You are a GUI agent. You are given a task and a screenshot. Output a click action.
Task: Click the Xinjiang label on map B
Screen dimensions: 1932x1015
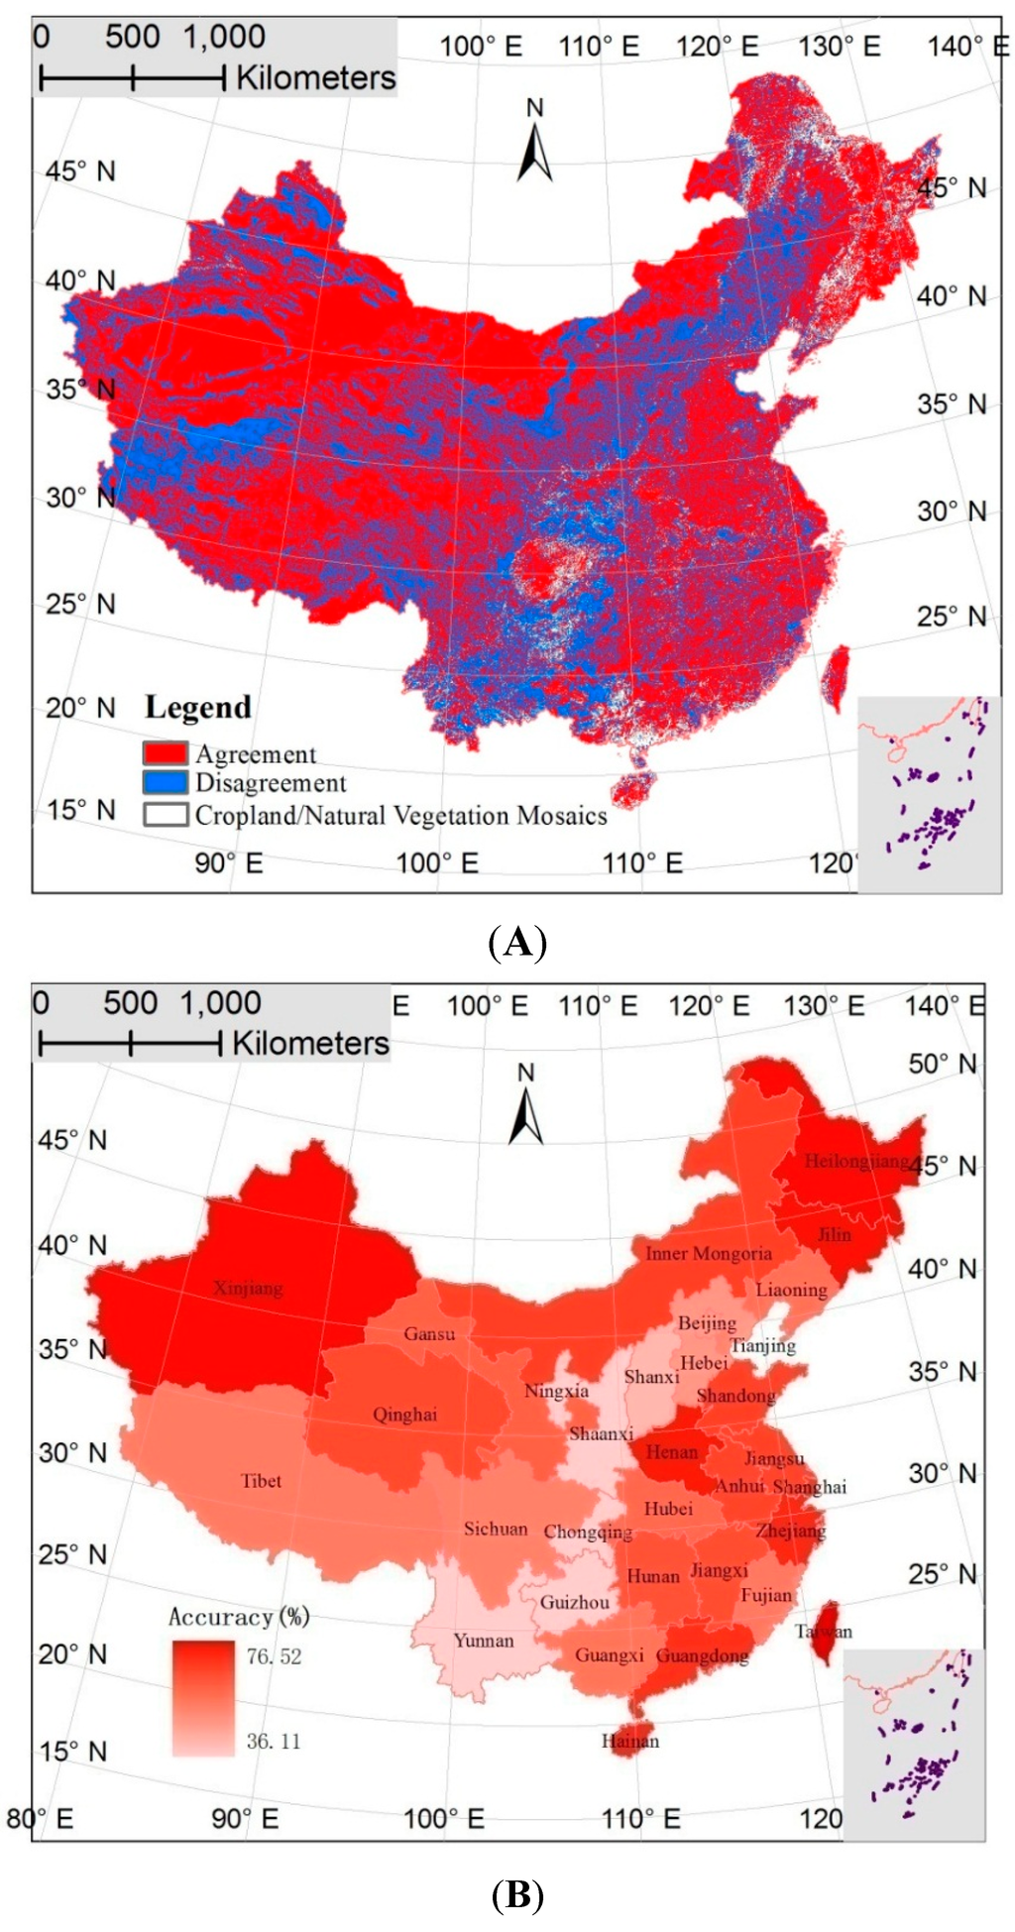click(x=248, y=1288)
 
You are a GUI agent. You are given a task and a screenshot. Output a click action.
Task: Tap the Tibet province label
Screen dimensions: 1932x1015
click(x=261, y=1480)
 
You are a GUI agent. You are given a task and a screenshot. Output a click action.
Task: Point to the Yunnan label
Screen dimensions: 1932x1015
click(x=484, y=1640)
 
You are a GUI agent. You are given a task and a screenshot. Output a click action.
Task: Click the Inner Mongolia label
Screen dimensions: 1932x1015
click(x=708, y=1253)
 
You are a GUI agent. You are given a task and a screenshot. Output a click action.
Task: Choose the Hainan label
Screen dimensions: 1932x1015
click(x=629, y=1740)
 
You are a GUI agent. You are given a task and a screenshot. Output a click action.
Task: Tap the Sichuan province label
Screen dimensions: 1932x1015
click(x=496, y=1529)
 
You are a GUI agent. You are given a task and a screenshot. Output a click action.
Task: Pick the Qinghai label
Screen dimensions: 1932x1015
click(x=404, y=1414)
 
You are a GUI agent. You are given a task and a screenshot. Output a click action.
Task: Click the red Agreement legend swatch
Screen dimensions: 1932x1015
click(x=165, y=753)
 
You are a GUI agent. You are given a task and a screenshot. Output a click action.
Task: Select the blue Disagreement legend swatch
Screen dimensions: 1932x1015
click(x=165, y=783)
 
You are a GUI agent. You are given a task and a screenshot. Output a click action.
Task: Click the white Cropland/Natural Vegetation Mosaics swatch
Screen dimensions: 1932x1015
click(x=165, y=815)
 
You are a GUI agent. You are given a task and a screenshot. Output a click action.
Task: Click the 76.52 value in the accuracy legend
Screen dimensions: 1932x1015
click(x=274, y=1656)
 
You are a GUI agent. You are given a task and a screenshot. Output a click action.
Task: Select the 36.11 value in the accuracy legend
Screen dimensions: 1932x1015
click(x=274, y=1741)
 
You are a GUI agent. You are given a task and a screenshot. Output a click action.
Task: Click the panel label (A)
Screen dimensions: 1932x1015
click(x=517, y=941)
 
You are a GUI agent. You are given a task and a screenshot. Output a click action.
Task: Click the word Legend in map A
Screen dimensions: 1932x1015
click(x=198, y=707)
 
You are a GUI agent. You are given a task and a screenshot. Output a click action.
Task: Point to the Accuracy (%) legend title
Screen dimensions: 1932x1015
click(x=239, y=1617)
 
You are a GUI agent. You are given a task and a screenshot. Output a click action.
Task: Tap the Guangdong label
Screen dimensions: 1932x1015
click(x=702, y=1655)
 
